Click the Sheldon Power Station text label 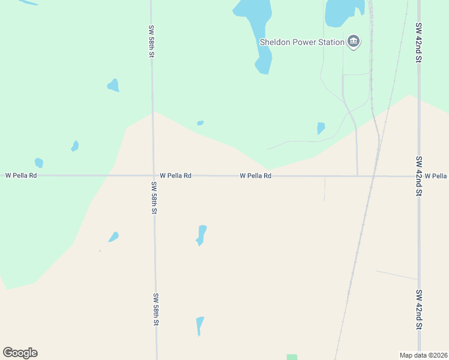coord(302,42)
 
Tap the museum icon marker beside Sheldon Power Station coord(354,42)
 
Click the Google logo coord(20,353)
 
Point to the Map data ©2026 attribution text coord(423,355)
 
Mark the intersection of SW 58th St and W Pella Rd coord(153,176)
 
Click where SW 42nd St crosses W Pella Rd coord(419,176)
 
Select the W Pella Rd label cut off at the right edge coord(436,176)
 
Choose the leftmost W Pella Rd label coord(21,175)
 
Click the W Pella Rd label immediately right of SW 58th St coord(175,176)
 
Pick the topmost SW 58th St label coord(152,41)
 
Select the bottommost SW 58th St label coord(155,309)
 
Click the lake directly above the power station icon coord(342,12)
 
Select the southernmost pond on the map coord(200,325)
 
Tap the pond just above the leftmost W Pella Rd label coord(39,163)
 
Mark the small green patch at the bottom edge coord(292,357)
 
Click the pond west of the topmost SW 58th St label coord(113,85)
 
